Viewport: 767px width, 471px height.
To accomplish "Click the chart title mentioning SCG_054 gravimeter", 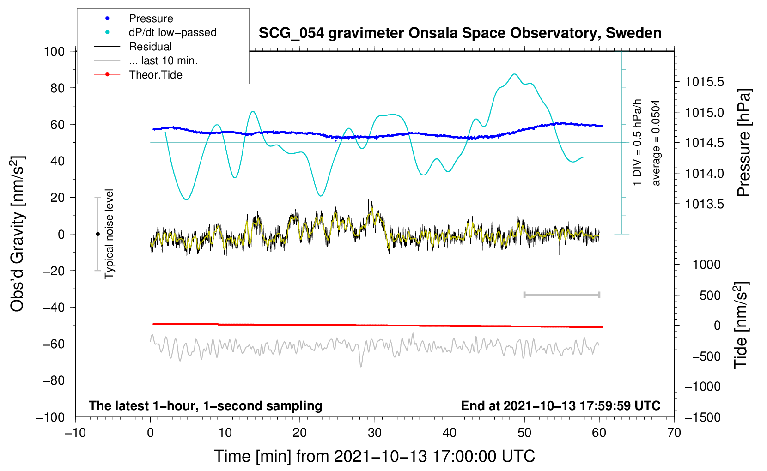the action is [x=460, y=33].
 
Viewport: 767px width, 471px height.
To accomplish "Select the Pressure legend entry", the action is [x=134, y=18].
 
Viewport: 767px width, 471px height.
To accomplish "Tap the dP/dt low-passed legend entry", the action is [x=155, y=32].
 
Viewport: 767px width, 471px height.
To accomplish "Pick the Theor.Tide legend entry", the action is [x=138, y=75].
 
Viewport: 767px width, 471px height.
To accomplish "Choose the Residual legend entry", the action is [x=133, y=47].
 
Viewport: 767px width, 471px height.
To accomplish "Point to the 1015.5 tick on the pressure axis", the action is [x=704, y=82].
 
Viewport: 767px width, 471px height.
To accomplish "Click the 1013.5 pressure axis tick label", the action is [x=704, y=204].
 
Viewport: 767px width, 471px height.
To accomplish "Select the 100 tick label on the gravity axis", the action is [x=54, y=52].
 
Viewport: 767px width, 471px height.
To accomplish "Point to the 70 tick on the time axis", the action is [x=674, y=433].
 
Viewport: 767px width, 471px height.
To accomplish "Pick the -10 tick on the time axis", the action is [x=75, y=433].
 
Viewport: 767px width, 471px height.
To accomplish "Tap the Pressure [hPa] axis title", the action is [x=744, y=143].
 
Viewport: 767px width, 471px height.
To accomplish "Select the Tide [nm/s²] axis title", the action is [x=741, y=325].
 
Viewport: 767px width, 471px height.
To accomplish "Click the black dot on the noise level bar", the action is [x=97, y=234].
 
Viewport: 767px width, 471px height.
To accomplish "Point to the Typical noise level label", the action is [x=109, y=234].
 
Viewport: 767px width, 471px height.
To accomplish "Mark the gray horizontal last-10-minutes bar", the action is [x=561, y=295].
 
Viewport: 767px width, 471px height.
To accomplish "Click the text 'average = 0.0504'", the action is [x=656, y=143].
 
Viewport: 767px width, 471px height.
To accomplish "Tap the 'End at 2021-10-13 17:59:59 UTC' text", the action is [x=560, y=405].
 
